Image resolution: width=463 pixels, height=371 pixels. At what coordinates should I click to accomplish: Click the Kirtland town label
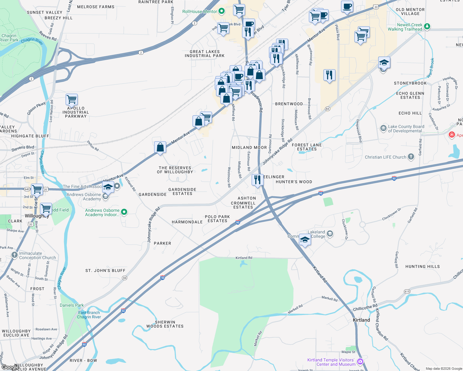tap(361, 320)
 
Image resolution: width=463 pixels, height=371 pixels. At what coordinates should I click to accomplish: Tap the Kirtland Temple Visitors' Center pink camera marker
tap(360, 361)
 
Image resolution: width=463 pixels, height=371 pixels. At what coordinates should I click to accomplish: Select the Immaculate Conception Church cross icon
tap(15, 255)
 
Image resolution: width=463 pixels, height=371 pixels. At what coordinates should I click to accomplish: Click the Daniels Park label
tap(72, 305)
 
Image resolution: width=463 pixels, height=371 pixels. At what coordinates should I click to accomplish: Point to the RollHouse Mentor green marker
tap(222, 11)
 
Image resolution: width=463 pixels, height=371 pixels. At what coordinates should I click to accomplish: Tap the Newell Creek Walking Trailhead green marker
tap(427, 26)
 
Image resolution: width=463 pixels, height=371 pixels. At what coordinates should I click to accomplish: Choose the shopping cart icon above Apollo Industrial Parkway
tap(71, 100)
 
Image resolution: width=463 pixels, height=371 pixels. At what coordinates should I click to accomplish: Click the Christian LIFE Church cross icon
tap(411, 157)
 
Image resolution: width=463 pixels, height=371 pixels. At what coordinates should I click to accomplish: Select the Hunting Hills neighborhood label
tap(422, 267)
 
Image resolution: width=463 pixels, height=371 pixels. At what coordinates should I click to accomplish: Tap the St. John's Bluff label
tap(106, 271)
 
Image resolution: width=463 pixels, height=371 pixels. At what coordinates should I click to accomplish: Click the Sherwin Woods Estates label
tap(165, 324)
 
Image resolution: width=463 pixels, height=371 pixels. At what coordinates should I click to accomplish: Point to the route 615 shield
tap(407, 292)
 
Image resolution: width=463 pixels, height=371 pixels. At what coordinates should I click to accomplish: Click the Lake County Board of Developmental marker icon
tap(383, 128)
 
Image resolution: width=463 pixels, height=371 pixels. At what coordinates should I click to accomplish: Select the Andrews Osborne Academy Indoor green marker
tap(124, 212)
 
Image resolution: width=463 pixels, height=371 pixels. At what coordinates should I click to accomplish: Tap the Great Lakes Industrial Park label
tap(205, 54)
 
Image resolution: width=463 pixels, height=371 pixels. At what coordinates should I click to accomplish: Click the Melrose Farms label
tap(96, 7)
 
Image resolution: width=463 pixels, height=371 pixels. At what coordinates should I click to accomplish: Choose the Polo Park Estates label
tap(217, 219)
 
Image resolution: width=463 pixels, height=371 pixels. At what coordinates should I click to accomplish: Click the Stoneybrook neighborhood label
tap(410, 83)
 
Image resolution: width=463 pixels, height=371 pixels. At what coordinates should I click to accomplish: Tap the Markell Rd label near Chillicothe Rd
tap(329, 298)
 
